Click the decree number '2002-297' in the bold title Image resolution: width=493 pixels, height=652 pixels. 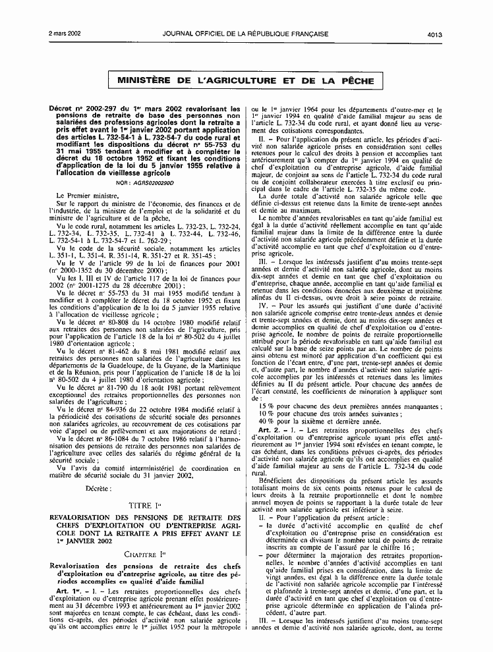tap(99, 107)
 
